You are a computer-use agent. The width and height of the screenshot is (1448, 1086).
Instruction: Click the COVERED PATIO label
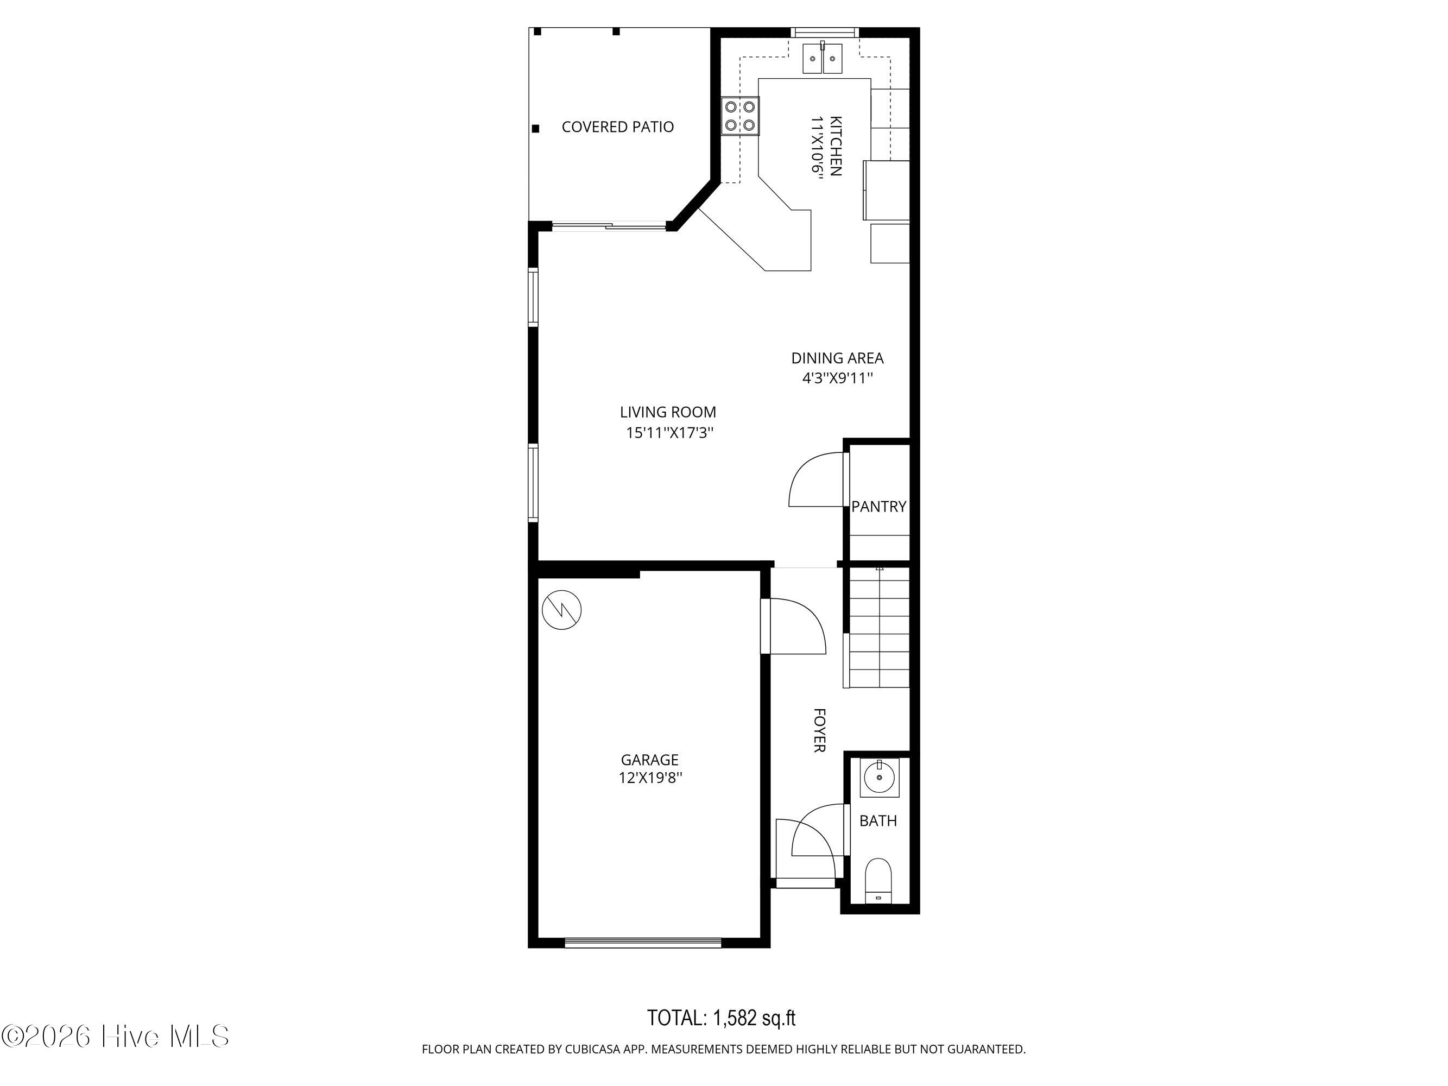pyautogui.click(x=617, y=127)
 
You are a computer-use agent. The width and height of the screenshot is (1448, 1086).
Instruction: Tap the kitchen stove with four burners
pyautogui.click(x=741, y=115)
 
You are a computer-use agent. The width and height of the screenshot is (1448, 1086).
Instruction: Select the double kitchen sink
pyautogui.click(x=822, y=58)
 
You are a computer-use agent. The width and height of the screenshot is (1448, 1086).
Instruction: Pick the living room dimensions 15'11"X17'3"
pyautogui.click(x=669, y=433)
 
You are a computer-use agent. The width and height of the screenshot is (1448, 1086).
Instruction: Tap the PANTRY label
pyautogui.click(x=878, y=506)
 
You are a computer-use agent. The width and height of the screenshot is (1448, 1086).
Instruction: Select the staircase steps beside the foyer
pyautogui.click(x=879, y=628)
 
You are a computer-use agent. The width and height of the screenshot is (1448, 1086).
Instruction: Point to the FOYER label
pyautogui.click(x=819, y=730)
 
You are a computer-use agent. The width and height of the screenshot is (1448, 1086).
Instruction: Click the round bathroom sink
pyautogui.click(x=879, y=778)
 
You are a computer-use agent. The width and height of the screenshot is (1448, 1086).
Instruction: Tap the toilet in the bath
pyautogui.click(x=878, y=882)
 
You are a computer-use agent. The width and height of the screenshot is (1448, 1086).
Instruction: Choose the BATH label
pyautogui.click(x=878, y=821)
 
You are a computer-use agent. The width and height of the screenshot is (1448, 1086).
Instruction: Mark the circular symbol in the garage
pyautogui.click(x=561, y=610)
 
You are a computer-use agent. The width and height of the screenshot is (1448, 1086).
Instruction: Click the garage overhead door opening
pyautogui.click(x=643, y=943)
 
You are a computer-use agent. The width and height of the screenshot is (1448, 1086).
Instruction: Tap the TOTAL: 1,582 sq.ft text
pyautogui.click(x=722, y=1018)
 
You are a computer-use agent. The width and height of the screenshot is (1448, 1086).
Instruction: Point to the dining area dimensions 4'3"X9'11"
pyautogui.click(x=838, y=378)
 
